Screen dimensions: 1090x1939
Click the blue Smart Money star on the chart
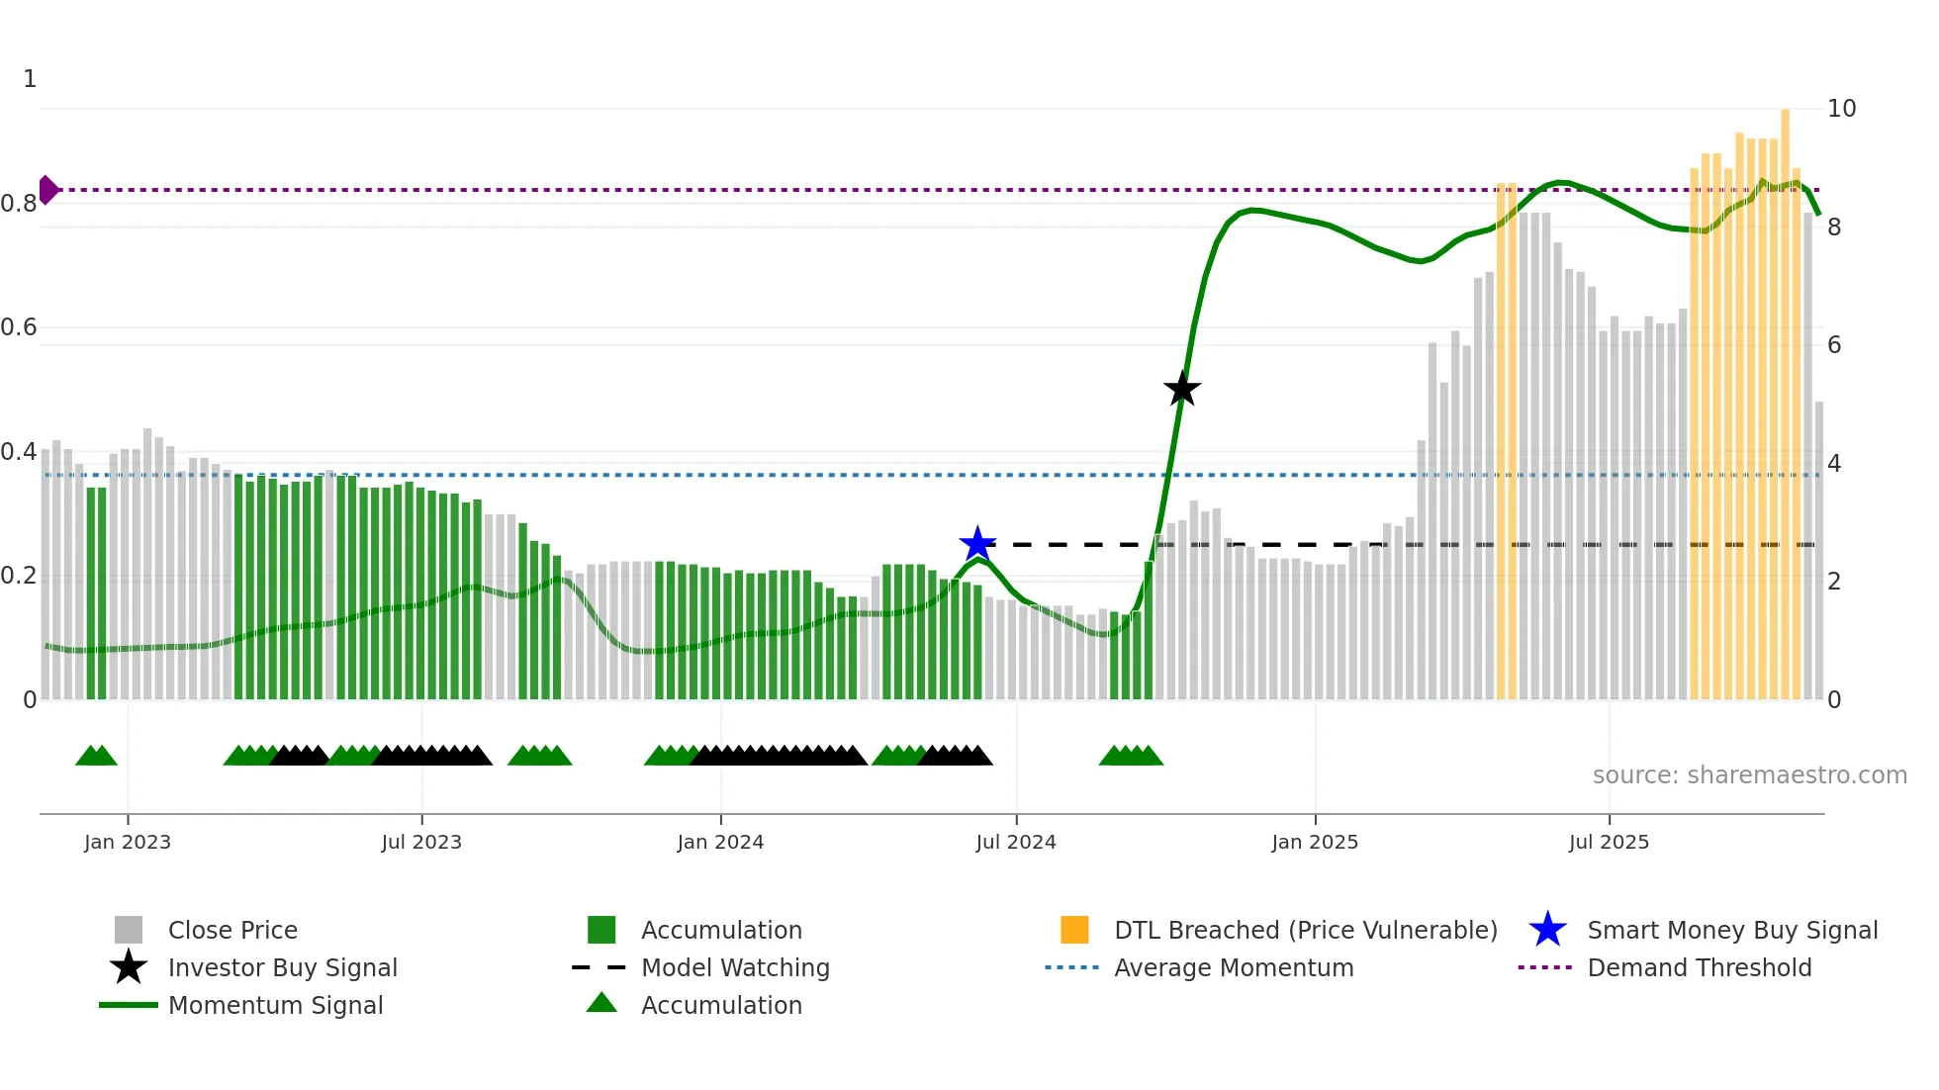977,544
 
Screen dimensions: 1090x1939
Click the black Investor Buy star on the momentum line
1182,390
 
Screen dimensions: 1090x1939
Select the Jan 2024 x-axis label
720,842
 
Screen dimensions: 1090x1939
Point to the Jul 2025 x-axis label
1609,842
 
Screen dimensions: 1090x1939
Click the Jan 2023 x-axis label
128,842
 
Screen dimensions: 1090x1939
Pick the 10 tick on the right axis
1841,109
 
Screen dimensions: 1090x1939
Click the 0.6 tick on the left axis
20,327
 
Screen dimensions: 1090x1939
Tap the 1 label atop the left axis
30,79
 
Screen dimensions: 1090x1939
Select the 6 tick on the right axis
1834,345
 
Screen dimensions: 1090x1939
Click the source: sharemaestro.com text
1749,775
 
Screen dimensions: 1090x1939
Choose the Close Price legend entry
232,930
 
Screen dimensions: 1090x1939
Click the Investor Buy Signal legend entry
282,967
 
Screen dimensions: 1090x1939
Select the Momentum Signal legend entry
275,1005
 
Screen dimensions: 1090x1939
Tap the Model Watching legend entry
735,967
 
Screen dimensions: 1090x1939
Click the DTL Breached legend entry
1305,930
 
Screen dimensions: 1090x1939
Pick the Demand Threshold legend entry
1699,967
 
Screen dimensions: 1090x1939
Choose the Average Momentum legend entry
1233,967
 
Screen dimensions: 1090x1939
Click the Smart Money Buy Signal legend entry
1731,930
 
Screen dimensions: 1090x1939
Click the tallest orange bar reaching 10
1785,396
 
